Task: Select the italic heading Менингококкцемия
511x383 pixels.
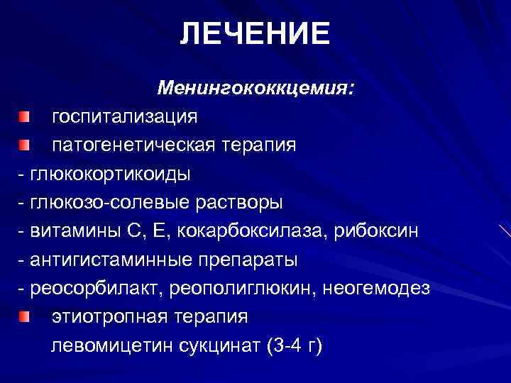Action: point(256,89)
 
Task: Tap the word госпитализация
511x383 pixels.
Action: point(124,116)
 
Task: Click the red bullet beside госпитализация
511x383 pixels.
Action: point(26,115)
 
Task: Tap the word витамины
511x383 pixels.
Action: point(71,231)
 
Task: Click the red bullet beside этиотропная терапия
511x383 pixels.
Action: point(26,316)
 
